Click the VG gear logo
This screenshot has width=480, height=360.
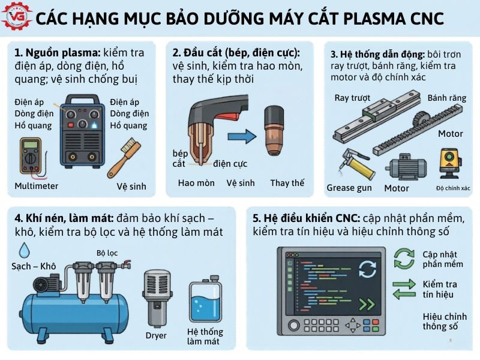(15, 16)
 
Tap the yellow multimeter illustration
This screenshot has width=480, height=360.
(30, 157)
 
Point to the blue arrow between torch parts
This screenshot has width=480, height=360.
(241, 137)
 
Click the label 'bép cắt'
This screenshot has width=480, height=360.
(179, 158)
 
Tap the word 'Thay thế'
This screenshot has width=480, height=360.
(287, 183)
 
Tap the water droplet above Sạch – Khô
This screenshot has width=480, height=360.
(25, 249)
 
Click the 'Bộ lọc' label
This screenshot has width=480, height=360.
(107, 253)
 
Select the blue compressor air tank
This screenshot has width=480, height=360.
(73, 313)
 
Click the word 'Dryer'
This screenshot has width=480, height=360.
(156, 335)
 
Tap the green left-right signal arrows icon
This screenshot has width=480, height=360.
(403, 289)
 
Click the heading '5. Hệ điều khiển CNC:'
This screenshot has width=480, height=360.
(305, 217)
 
